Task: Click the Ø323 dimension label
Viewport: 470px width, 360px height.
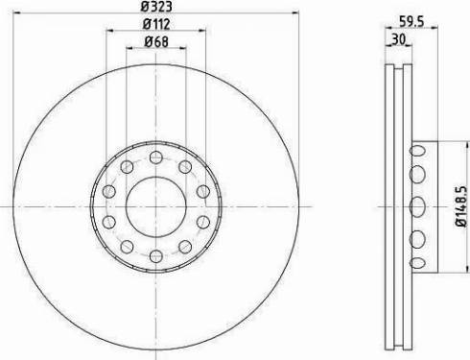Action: coord(154,8)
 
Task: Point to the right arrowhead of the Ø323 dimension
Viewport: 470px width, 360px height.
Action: coord(294,16)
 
